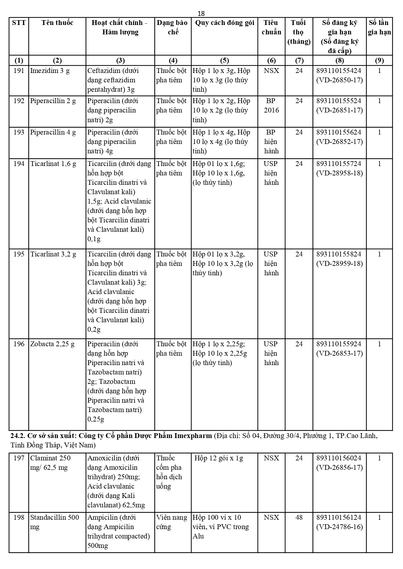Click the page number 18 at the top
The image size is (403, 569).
(x=201, y=13)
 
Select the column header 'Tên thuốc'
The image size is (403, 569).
(x=57, y=23)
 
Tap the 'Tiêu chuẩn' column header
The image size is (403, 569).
(x=271, y=27)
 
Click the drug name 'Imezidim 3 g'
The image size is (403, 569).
(x=50, y=71)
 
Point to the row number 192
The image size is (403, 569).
(x=19, y=101)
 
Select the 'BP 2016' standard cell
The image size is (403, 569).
(x=271, y=105)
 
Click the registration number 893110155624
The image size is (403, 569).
(x=339, y=132)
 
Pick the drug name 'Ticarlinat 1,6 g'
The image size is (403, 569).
(x=53, y=164)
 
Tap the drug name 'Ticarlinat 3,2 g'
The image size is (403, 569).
(x=53, y=254)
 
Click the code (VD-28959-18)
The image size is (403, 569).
(x=339, y=264)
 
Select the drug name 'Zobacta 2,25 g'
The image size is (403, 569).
(x=52, y=344)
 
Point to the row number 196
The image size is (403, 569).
(x=19, y=344)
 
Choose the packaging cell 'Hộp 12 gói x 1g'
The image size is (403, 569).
(x=219, y=458)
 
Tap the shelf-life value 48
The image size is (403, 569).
(x=299, y=517)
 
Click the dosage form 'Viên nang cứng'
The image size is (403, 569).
(x=171, y=522)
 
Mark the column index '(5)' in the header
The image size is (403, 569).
(x=224, y=60)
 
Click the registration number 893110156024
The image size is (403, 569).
(x=339, y=458)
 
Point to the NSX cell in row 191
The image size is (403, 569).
(x=271, y=71)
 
